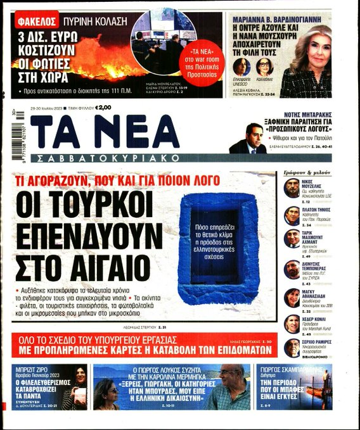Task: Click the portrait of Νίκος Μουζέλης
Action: click(292, 189)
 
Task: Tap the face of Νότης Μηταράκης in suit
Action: click(255, 134)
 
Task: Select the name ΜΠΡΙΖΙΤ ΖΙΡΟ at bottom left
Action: click(32, 369)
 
